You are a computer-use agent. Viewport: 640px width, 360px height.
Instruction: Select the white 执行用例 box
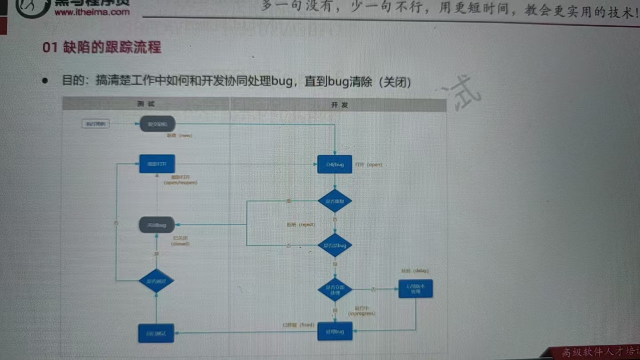tap(96, 124)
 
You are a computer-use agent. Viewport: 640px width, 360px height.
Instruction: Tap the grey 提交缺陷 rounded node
tap(157, 124)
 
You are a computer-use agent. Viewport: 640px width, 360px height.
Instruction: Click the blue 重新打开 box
tap(157, 164)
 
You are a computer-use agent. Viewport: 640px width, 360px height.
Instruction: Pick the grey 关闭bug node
tap(156, 225)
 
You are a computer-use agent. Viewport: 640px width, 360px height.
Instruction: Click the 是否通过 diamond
tap(156, 281)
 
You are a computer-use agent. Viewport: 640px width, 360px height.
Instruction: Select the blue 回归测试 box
tap(156, 333)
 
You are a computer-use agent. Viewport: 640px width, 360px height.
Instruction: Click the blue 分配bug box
tap(335, 164)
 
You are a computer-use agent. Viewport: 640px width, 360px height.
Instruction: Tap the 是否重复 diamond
tap(335, 201)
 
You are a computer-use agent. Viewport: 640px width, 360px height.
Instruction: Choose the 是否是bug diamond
tap(335, 245)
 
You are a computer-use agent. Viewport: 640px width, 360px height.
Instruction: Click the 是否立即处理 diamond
tap(335, 290)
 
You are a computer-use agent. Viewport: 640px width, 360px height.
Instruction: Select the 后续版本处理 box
tap(416, 289)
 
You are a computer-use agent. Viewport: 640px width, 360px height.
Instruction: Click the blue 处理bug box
tap(335, 332)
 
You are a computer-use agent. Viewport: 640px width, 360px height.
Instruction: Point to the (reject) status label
tap(301, 225)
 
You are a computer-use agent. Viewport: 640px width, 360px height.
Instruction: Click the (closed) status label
tap(180, 244)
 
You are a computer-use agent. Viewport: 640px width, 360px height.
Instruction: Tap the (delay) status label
tap(415, 271)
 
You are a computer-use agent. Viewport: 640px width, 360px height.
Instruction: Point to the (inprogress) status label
tap(362, 313)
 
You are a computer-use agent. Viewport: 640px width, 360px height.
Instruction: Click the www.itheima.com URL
tap(92, 12)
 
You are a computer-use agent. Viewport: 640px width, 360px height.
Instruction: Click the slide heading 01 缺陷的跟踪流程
tap(102, 48)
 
